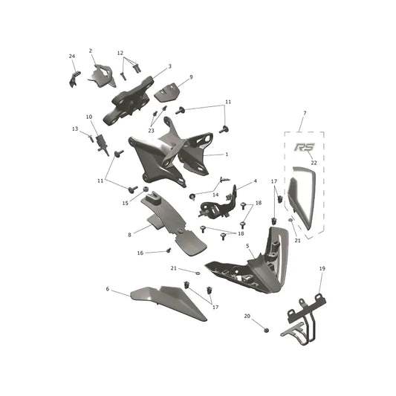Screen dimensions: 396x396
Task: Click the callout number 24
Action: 72,56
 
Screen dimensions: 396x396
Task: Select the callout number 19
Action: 322,268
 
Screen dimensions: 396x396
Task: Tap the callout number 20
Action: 247,317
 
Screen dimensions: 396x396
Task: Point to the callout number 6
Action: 107,289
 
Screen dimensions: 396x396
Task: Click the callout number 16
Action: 140,253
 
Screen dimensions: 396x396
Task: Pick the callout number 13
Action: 75,129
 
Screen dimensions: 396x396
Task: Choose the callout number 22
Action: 314,163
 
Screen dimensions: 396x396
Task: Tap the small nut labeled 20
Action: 266,330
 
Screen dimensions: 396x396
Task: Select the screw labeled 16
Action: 169,250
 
